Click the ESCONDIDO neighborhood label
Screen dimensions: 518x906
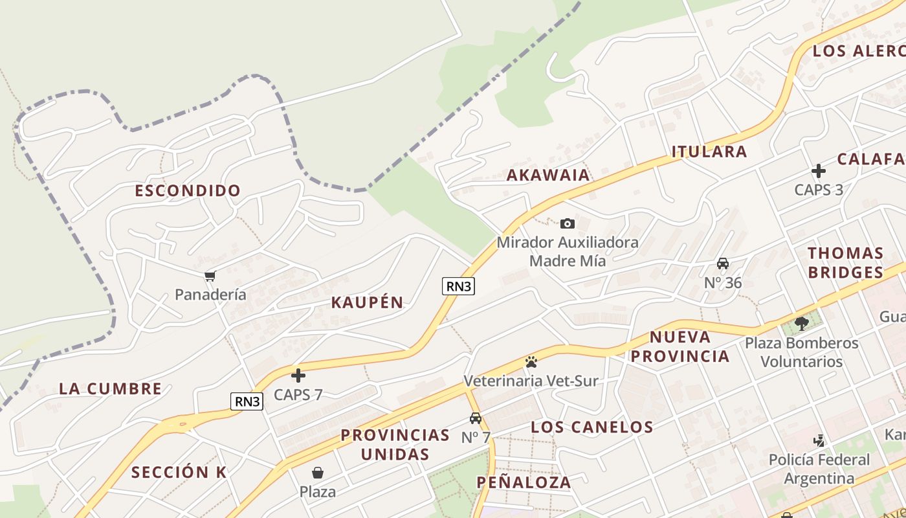click(188, 190)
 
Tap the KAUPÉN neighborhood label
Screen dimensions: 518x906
click(367, 302)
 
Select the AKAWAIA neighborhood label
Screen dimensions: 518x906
click(548, 175)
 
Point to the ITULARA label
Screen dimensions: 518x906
click(709, 152)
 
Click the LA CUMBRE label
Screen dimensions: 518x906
click(111, 389)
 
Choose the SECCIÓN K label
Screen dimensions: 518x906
click(179, 472)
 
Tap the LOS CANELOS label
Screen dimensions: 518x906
click(592, 427)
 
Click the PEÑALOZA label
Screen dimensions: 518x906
click(524, 482)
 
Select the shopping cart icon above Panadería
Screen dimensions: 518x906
click(210, 276)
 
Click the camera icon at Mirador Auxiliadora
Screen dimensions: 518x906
click(567, 224)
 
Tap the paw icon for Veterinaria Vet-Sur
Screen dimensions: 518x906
click(531, 361)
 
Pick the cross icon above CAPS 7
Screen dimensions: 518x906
click(298, 376)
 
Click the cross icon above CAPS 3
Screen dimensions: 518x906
click(819, 171)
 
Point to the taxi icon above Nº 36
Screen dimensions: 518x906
click(723, 264)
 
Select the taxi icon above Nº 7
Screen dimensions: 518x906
click(476, 418)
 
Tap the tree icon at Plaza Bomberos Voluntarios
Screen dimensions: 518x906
click(801, 322)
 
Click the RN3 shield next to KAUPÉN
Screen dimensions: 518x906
click(458, 286)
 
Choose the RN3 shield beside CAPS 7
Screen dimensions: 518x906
click(247, 401)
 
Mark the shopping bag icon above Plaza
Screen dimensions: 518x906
click(318, 473)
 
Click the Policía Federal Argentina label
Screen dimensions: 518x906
click(819, 469)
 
